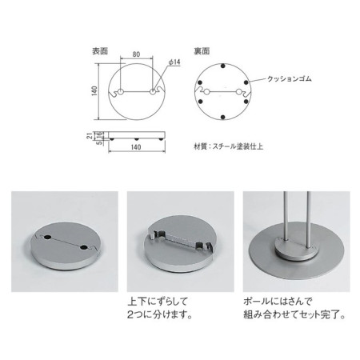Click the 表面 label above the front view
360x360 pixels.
100,50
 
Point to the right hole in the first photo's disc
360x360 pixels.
85,249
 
